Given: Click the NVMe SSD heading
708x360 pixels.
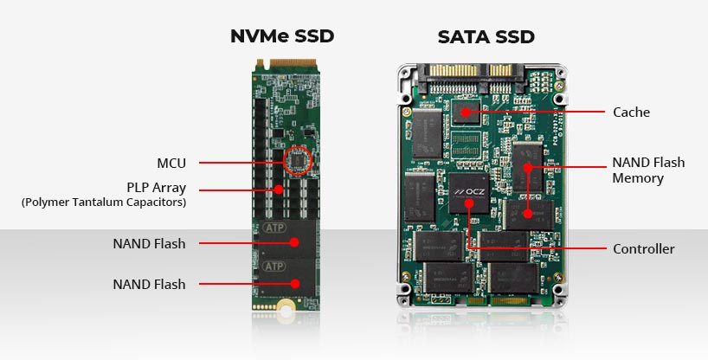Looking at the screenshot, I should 281,36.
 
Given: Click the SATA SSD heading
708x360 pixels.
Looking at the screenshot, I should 486,36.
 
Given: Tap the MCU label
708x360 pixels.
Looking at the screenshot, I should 171,163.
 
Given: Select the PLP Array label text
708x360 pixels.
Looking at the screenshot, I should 156,187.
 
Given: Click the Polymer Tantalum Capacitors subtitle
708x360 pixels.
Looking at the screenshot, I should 104,202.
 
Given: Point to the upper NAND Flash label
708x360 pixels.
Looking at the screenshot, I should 149,243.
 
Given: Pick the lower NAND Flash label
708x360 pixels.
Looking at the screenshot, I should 149,284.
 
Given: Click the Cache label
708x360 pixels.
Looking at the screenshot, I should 631,112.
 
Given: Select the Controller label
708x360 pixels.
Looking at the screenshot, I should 643,249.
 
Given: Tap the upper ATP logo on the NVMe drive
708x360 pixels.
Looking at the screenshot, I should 274,229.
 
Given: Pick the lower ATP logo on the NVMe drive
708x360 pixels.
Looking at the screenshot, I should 274,266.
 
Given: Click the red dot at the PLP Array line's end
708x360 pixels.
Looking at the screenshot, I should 278,187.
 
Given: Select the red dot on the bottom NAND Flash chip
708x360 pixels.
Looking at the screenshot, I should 296,284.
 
